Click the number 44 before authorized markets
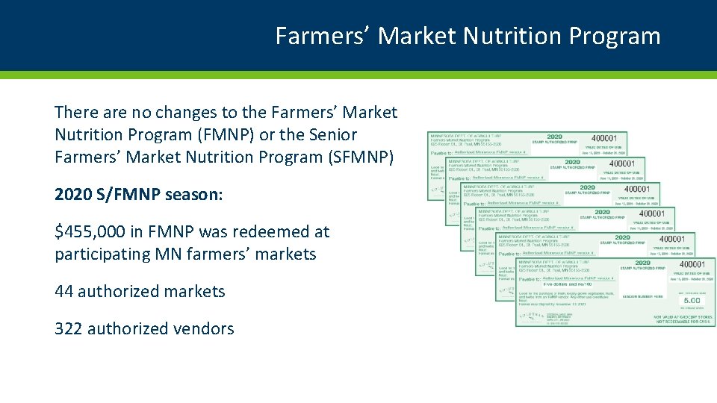63,292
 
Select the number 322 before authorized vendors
69,329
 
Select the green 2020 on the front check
642,263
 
